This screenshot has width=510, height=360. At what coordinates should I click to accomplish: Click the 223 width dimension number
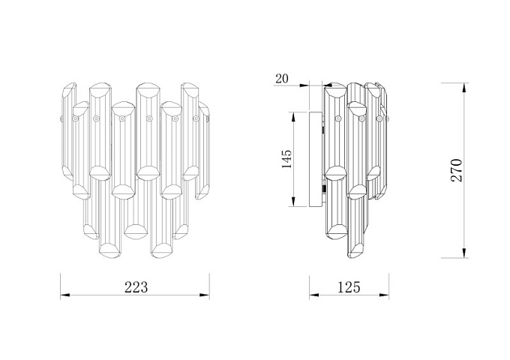pyautogui.click(x=136, y=287)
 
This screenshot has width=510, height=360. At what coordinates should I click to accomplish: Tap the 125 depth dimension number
pyautogui.click(x=349, y=287)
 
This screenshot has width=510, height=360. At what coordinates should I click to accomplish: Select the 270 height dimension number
pyautogui.click(x=457, y=170)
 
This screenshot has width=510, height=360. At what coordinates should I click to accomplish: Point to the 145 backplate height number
pyautogui.click(x=286, y=159)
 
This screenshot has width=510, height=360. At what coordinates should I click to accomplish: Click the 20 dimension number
pyautogui.click(x=282, y=79)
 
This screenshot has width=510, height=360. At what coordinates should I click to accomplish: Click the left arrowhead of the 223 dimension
pyautogui.click(x=65, y=295)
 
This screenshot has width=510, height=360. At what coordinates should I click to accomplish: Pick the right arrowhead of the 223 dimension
pyautogui.click(x=205, y=295)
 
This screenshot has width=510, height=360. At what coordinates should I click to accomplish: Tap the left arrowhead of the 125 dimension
pyautogui.click(x=313, y=295)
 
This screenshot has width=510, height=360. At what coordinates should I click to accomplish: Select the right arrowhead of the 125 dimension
pyautogui.click(x=384, y=295)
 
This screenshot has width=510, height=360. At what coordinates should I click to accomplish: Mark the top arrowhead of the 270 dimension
pyautogui.click(x=465, y=88)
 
